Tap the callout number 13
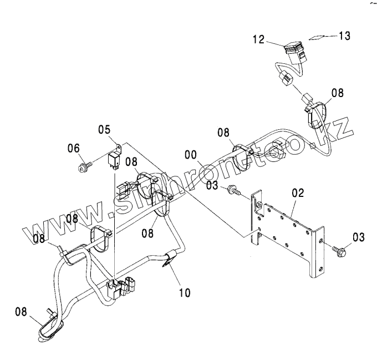pos(344,36)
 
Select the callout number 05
pos(105,131)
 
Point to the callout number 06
pos(74,149)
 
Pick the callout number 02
pos(298,194)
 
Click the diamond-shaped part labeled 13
pos(317,38)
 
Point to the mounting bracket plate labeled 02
pos(288,233)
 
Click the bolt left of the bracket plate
pos(235,192)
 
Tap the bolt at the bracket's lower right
pos(338,249)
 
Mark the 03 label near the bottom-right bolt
pos(358,237)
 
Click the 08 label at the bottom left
pos(21,312)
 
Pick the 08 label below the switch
pos(338,92)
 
